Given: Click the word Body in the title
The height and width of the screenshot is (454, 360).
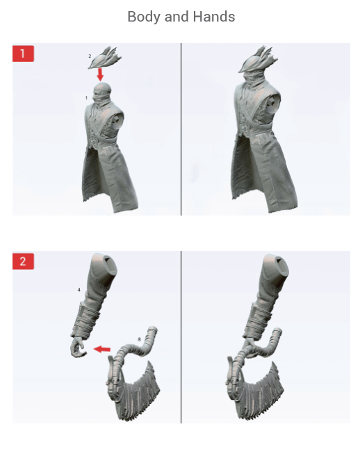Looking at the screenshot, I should tap(143, 17).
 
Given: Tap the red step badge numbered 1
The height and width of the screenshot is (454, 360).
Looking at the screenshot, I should tap(23, 54).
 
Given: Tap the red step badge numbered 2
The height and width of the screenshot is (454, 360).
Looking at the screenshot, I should tap(23, 261).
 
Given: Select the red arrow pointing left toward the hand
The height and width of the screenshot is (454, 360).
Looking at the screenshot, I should tap(102, 348).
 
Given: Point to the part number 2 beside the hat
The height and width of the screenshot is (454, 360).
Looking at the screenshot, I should tap(90, 55).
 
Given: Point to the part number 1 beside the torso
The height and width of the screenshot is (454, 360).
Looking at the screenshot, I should tap(86, 98).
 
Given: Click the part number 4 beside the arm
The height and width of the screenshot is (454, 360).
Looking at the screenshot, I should tap(79, 287).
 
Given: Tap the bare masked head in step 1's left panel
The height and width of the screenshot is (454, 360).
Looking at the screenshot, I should tap(103, 91).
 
